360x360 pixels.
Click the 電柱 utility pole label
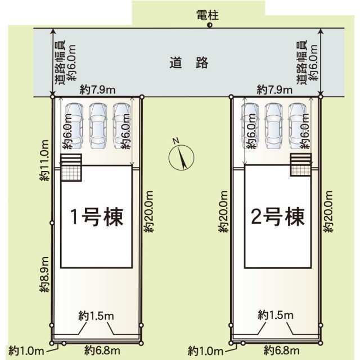click(x=208, y=15)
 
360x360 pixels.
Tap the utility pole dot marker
click(x=209, y=25)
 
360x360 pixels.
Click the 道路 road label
click(x=189, y=62)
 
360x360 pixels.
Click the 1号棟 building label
click(x=97, y=217)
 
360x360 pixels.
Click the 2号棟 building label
click(x=278, y=217)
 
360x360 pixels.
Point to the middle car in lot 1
click(x=98, y=126)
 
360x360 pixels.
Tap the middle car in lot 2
click(x=273, y=126)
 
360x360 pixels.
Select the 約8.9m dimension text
click(x=44, y=274)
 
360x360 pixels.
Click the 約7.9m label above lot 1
click(x=97, y=90)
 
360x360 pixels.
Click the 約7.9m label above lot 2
click(x=274, y=89)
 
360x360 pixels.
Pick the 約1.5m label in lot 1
click(x=96, y=316)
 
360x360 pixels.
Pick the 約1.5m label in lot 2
click(x=276, y=315)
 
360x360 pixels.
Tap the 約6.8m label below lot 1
click(x=102, y=350)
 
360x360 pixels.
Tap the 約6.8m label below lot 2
click(x=282, y=350)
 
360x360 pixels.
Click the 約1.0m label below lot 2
click(x=205, y=351)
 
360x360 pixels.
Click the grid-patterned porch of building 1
click(x=71, y=173)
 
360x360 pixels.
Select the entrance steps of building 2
click(x=300, y=159)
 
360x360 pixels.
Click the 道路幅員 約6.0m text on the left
click(x=66, y=62)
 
